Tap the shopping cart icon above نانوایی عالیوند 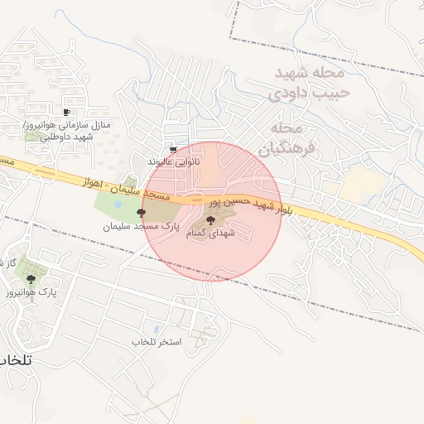click(172, 150)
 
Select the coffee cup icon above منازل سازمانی click(67, 112)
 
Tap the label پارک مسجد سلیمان click(142, 225)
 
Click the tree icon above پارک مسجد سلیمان click(140, 213)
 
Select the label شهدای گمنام click(210, 234)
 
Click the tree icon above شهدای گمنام click(209, 221)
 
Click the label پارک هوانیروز click(36, 293)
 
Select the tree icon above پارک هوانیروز click(31, 280)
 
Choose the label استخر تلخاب click(157, 341)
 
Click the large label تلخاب click(15, 361)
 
